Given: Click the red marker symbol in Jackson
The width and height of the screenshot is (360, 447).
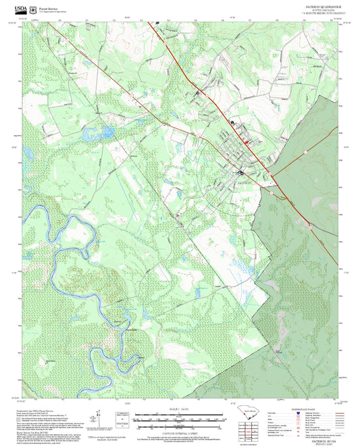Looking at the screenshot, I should click(247, 142).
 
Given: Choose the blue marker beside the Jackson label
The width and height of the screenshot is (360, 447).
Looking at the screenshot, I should click(239, 173).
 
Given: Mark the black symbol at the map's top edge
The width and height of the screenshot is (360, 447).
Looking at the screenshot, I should click(157, 23).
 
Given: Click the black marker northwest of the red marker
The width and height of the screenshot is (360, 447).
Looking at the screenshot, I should click(234, 123).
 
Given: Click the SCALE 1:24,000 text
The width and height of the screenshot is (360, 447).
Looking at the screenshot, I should click(179, 409).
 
